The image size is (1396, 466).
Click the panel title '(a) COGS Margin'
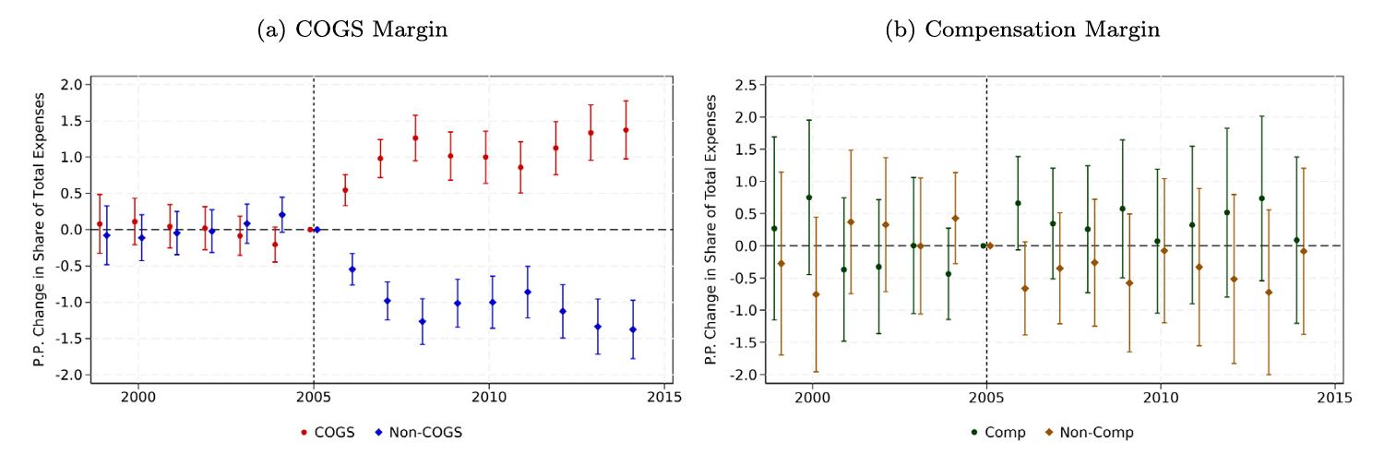(x=352, y=30)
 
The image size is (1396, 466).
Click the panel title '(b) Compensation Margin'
(x=1022, y=30)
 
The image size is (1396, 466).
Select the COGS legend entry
(x=328, y=432)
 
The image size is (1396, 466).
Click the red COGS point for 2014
(x=626, y=130)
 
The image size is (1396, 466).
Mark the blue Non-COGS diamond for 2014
(x=633, y=329)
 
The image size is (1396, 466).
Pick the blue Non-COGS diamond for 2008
(x=423, y=321)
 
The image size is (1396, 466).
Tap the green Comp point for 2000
(x=809, y=197)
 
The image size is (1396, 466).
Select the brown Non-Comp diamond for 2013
(x=1269, y=293)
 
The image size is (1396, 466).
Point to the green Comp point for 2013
(x=1261, y=198)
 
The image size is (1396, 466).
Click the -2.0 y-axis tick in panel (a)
(x=71, y=375)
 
